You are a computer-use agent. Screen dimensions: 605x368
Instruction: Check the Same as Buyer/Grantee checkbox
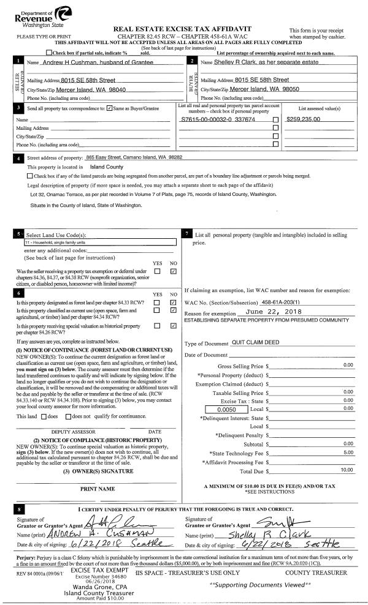[x=109, y=108]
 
